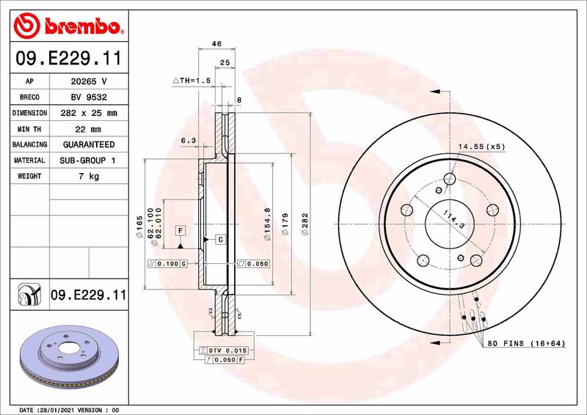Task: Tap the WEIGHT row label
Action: [30, 177]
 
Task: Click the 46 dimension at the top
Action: [216, 45]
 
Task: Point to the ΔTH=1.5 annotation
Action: [192, 81]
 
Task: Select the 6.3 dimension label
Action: [189, 140]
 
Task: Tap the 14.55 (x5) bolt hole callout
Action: [481, 147]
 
